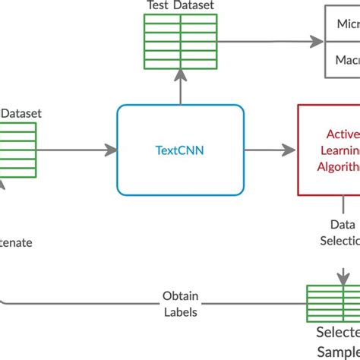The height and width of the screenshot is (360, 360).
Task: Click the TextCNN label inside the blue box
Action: click(x=180, y=150)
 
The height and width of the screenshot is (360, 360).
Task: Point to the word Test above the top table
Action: click(x=157, y=6)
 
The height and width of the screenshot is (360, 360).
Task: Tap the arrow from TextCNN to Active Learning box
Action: click(x=270, y=150)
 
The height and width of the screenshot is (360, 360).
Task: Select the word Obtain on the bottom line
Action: click(x=180, y=296)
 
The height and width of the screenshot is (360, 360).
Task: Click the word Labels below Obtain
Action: click(x=180, y=311)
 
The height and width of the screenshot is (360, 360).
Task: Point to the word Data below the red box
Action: click(x=343, y=225)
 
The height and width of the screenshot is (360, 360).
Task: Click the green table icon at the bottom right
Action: click(x=333, y=304)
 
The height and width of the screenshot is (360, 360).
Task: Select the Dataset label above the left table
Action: click(x=21, y=113)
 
